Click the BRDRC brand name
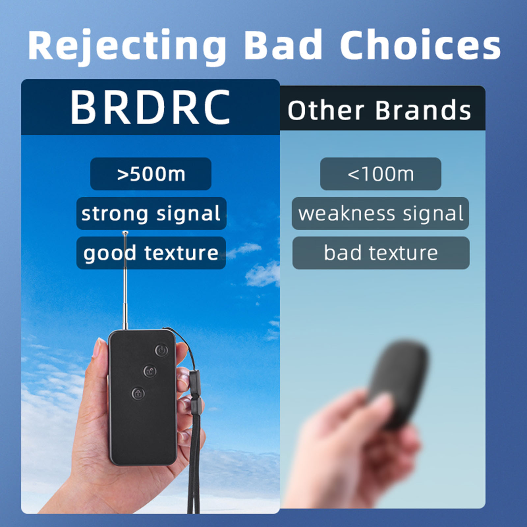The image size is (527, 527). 150,107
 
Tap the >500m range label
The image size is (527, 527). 151,174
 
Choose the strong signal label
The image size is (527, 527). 151,213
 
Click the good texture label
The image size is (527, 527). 151,253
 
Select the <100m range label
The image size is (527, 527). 380,174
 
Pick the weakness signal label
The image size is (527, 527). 380,213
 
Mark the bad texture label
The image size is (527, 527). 381,253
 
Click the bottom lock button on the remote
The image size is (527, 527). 138,394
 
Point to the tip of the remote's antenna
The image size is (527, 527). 125,233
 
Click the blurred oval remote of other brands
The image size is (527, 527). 400,384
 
